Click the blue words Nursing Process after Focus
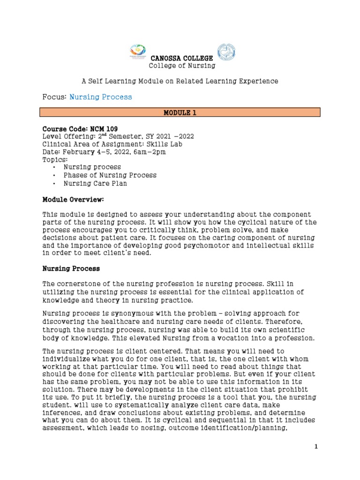coord(101,97)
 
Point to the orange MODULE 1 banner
coord(180,112)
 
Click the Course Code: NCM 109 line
coord(80,128)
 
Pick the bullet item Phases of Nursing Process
coord(110,175)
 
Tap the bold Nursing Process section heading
coord(71,269)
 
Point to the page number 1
coord(316,447)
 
